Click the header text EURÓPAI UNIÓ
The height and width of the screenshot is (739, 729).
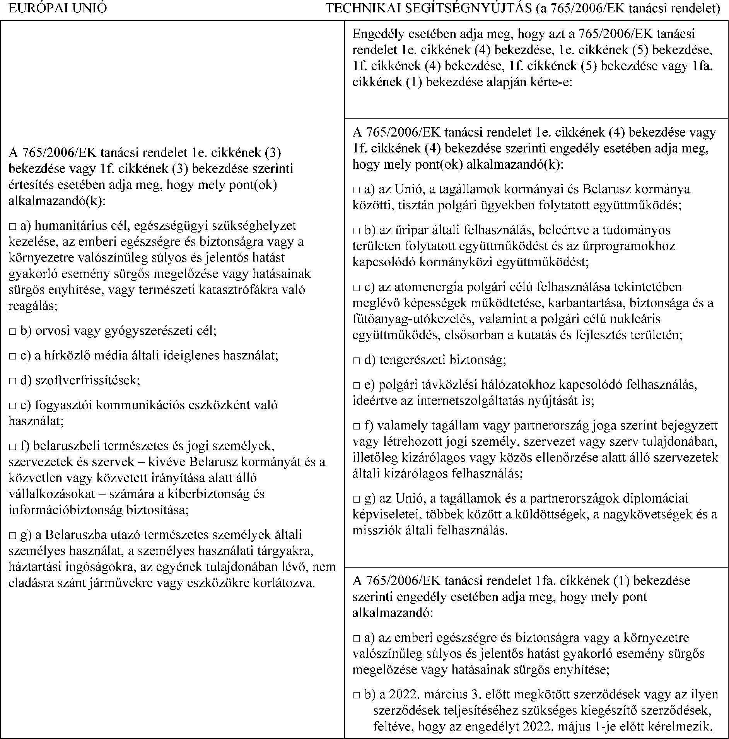pos(57,9)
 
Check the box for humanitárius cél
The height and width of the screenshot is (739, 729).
pos(13,226)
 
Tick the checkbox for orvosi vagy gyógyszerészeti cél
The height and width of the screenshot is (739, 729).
pos(13,332)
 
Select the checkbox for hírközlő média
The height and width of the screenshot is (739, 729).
pos(13,356)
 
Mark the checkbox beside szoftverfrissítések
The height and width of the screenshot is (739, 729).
pos(13,381)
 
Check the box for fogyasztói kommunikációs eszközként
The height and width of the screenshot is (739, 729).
pos(13,405)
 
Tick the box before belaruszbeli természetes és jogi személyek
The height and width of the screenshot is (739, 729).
pos(13,446)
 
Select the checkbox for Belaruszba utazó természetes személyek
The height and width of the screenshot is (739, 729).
pos(13,536)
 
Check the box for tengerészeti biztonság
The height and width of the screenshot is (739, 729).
pos(357,361)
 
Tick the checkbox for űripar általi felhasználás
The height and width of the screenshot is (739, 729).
pos(357,231)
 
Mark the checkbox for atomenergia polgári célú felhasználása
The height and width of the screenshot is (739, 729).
pos(357,288)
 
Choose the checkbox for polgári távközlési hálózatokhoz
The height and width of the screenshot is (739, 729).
pos(357,385)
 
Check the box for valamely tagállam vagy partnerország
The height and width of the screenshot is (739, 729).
pos(357,426)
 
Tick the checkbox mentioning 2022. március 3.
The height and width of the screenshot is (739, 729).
pos(357,695)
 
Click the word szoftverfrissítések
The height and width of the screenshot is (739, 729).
pos(87,380)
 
